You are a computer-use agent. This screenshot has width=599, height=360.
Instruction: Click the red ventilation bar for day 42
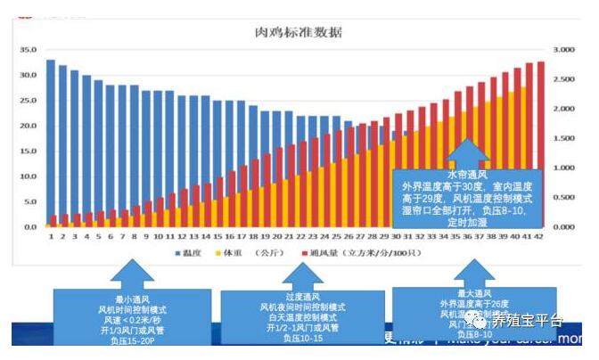coord(540,143)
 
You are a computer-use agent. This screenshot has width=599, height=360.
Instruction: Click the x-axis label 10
coord(158,236)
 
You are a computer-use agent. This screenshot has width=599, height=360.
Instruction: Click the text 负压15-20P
coord(131,340)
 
